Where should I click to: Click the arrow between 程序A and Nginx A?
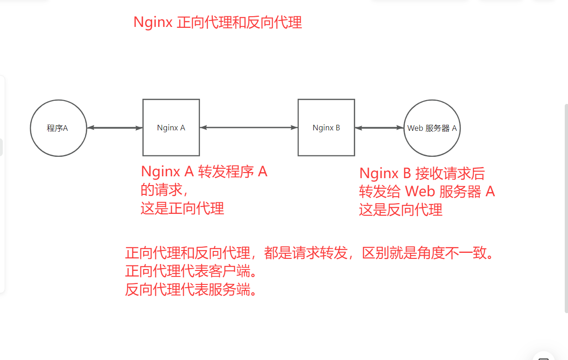(115, 128)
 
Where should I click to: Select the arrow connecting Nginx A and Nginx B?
(249, 128)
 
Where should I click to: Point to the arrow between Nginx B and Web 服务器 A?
(379, 128)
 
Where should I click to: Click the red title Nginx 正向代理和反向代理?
(217, 22)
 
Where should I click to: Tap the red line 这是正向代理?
(182, 209)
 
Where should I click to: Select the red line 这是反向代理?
(401, 210)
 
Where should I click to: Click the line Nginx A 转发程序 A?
(204, 172)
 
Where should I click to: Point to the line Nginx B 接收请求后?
(422, 174)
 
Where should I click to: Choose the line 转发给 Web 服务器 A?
(427, 192)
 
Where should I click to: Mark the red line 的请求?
(164, 190)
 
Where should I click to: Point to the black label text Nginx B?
(326, 128)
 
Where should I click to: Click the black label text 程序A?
(57, 128)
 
